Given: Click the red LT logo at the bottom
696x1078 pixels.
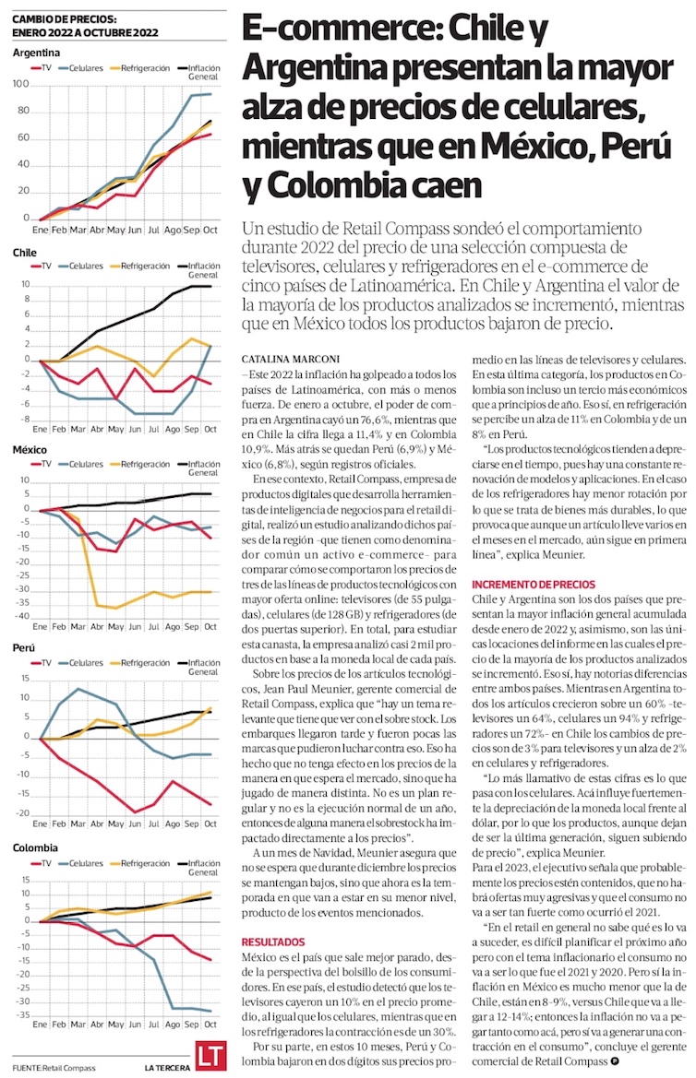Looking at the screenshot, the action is [210, 1057].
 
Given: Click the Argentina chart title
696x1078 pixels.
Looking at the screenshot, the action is [36, 53].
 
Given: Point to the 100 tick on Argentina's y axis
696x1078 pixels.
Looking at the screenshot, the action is [20, 84].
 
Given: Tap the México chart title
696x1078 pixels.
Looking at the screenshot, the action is [30, 450].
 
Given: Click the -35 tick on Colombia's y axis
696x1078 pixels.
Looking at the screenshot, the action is [22, 1014].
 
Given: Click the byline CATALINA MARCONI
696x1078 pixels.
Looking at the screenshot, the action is [281, 359].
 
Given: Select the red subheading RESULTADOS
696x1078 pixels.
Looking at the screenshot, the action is [272, 942].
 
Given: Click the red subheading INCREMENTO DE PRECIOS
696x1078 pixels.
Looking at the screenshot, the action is [534, 585].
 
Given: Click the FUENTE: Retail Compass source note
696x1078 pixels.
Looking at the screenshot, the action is [54, 1068].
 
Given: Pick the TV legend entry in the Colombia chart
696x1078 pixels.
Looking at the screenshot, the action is [42, 863].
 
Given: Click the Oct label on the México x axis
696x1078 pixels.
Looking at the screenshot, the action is [210, 626].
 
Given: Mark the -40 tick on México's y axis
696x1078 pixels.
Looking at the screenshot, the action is [22, 616].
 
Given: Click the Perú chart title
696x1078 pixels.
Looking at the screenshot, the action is [23, 647].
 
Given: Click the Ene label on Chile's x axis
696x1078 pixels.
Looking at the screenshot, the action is [40, 429].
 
